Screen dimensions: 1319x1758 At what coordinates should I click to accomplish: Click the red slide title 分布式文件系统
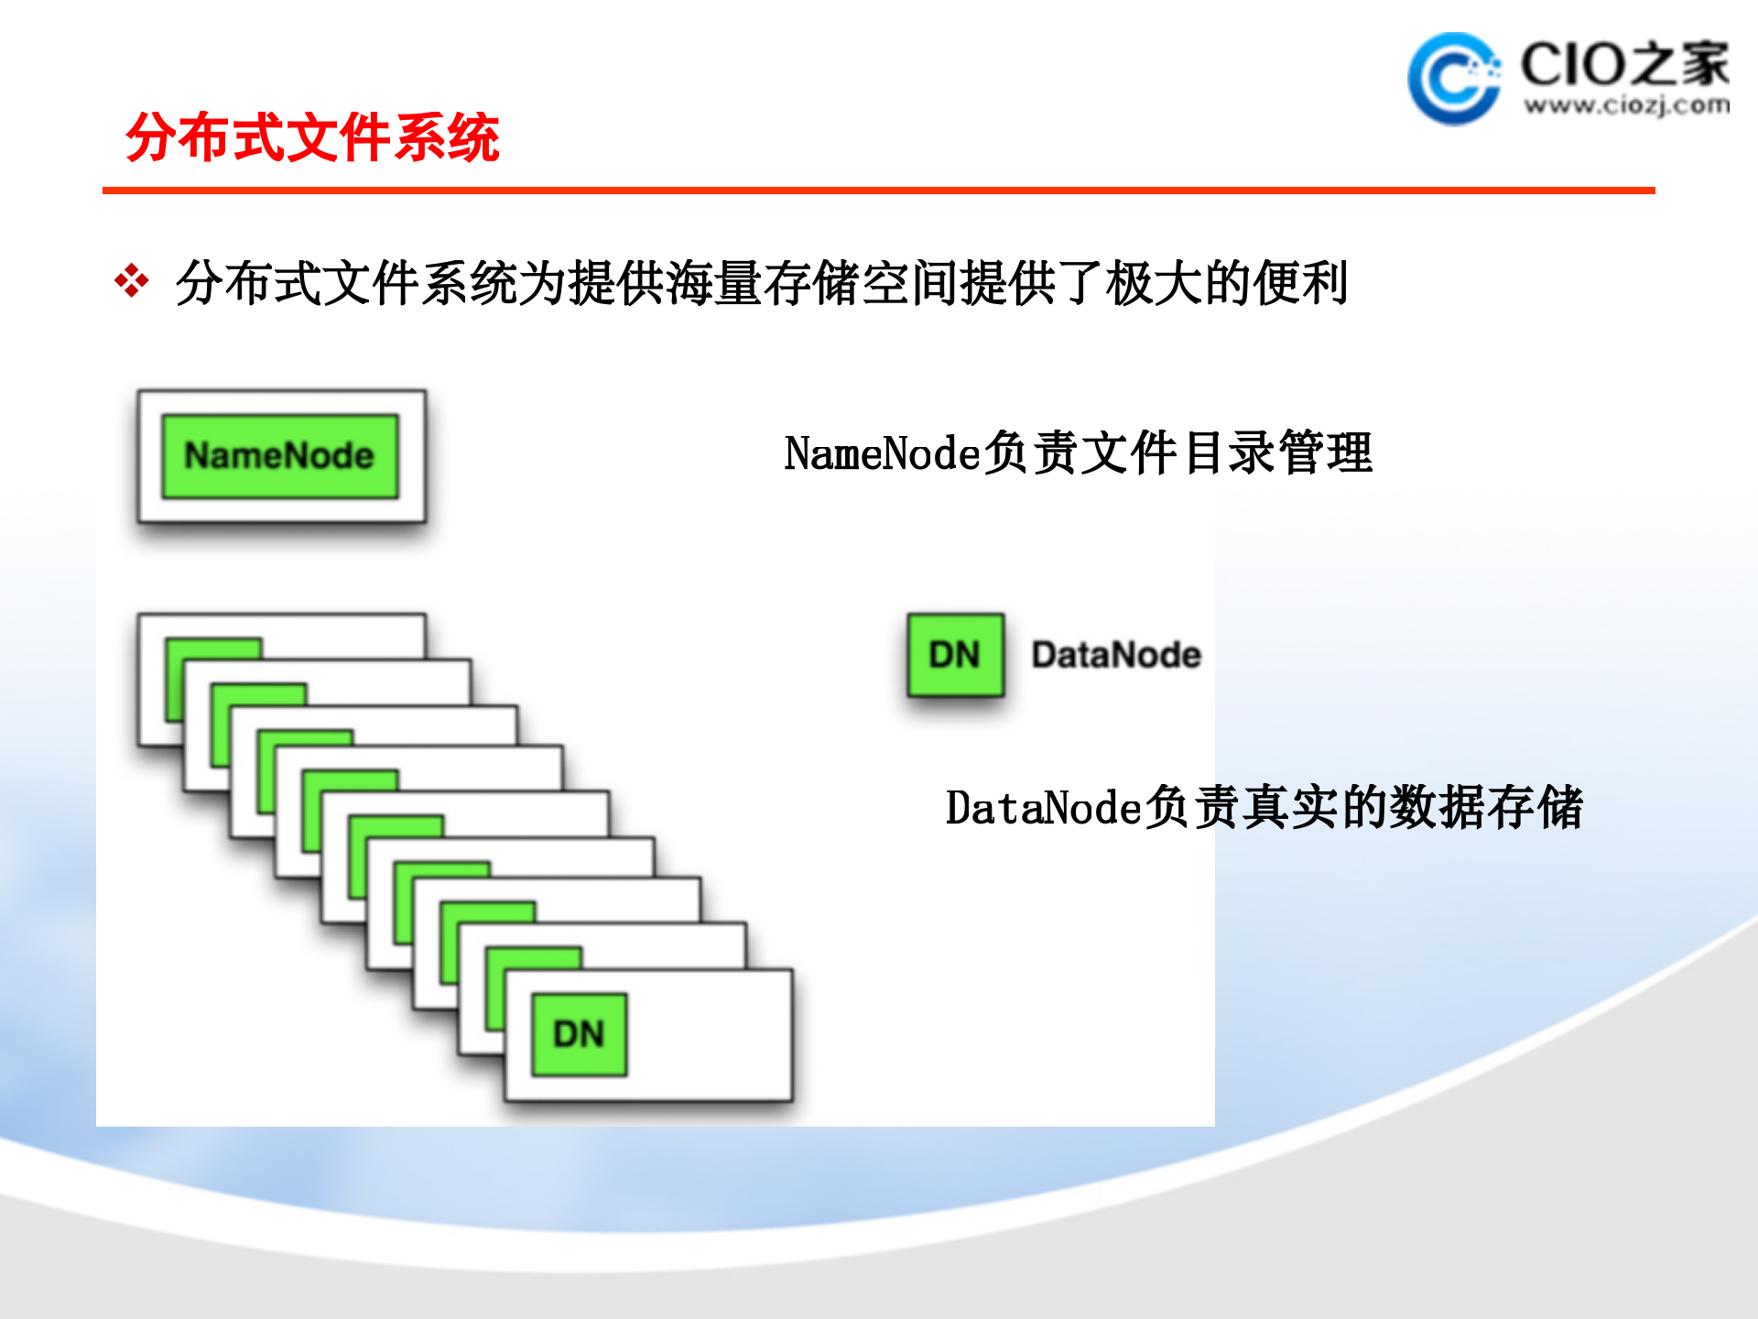[312, 138]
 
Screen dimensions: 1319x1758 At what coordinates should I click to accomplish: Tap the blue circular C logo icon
[1452, 80]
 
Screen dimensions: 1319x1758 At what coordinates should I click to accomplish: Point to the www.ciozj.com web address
[1626, 106]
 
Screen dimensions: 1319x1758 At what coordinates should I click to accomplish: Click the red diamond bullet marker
[132, 281]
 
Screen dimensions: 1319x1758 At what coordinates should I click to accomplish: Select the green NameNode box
[280, 456]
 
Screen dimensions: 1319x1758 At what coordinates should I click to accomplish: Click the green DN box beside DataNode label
[955, 654]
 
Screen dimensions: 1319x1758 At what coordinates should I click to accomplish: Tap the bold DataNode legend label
[1116, 655]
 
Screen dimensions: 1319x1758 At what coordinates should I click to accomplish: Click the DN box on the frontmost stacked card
[580, 1034]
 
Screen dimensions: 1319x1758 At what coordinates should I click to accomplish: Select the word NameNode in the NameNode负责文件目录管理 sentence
[883, 453]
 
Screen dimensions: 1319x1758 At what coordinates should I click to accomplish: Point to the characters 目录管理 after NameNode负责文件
[1278, 453]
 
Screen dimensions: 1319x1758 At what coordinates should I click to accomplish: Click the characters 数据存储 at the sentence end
[1487, 808]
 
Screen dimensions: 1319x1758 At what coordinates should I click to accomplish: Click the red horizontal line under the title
[878, 191]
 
